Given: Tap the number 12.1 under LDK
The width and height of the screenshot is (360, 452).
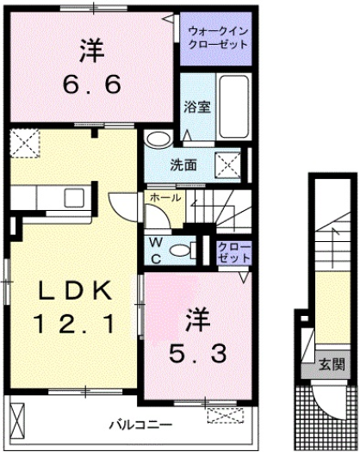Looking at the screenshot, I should coord(74,325).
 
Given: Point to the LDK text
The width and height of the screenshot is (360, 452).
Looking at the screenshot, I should coord(74,292).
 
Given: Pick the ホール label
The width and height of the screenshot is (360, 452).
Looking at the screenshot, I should coord(165,197).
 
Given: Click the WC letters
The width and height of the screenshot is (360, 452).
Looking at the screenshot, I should coord(158,250).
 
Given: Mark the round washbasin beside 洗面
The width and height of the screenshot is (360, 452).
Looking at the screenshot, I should coord(158,141).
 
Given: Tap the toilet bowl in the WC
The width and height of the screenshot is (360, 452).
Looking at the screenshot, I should coord(181,251).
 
